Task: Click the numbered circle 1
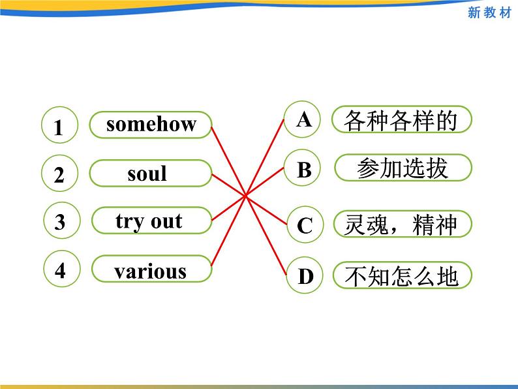click(60, 125)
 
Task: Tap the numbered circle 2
click(60, 173)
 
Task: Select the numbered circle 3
click(62, 221)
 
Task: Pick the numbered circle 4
click(62, 268)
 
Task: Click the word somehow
click(151, 124)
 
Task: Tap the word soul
click(147, 173)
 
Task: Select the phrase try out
click(149, 221)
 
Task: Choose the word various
click(150, 272)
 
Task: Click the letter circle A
click(302, 119)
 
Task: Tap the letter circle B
click(302, 168)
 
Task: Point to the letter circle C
click(305, 225)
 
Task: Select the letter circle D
click(304, 275)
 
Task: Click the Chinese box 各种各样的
click(402, 119)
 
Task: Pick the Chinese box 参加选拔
click(403, 168)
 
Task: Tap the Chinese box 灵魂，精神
click(403, 224)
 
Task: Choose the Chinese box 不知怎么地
click(403, 275)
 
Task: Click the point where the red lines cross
click(245, 196)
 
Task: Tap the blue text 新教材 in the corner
click(489, 12)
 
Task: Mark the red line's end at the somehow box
click(211, 127)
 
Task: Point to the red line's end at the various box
click(211, 266)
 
